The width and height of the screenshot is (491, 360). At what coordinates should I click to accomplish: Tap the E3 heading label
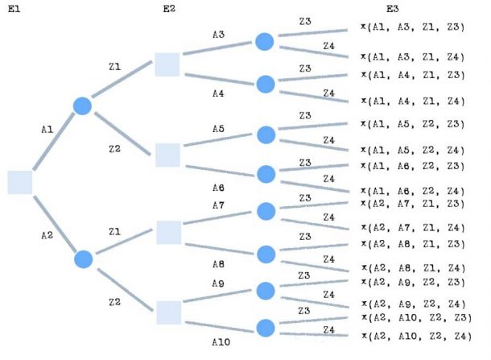coord(392,9)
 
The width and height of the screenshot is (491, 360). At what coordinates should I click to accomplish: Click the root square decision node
coord(19,182)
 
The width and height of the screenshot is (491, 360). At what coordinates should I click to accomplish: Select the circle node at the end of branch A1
coord(82,106)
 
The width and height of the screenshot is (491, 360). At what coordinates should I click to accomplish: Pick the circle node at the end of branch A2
coord(82,259)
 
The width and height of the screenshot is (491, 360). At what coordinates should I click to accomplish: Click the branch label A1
coord(46,128)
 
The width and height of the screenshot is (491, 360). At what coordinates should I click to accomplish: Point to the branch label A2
coord(46,234)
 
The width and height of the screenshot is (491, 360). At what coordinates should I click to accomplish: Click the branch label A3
coord(219,35)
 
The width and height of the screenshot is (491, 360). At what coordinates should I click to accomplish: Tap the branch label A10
coord(221,341)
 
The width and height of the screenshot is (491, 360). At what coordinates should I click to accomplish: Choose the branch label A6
coord(219,188)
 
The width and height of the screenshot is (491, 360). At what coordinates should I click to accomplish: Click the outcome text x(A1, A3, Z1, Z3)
coord(412,28)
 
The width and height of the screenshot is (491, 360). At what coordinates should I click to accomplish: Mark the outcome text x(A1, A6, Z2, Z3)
coord(412,165)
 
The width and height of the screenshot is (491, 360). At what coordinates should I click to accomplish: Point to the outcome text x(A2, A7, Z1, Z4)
coord(412,228)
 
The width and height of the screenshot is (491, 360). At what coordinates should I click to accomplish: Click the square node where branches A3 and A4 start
coord(167,64)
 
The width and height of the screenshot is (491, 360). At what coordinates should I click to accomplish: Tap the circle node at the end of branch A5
coord(266,134)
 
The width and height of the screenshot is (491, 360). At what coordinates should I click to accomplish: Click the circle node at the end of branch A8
coord(266,253)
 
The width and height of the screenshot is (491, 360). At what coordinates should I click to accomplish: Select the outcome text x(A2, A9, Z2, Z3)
coord(412,282)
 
